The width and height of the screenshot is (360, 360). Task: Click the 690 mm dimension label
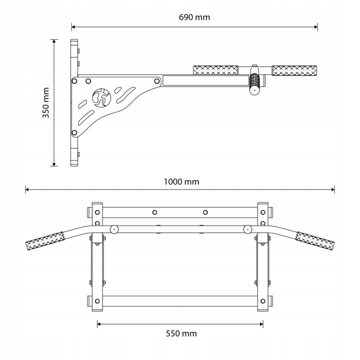194,17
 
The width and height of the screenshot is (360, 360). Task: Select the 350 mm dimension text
46,102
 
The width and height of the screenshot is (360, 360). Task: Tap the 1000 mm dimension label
181,182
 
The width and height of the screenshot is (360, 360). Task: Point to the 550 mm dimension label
181,333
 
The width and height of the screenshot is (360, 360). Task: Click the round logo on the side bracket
101,98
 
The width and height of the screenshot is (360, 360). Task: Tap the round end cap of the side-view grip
254,90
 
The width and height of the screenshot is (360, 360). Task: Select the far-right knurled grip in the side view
294,70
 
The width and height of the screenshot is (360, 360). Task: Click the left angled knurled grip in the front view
45,241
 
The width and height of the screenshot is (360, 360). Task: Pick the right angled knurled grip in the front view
315,241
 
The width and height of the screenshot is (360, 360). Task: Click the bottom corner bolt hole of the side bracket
74,132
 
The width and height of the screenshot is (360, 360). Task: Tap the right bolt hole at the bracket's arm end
157,81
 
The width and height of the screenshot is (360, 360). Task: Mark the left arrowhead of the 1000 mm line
27,189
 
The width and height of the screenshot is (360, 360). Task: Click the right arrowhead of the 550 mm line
261,324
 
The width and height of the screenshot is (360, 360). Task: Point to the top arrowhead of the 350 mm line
54,41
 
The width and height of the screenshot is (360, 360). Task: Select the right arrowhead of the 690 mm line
315,27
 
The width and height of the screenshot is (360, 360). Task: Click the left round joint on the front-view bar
114,229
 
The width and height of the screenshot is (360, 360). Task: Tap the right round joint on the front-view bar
247,229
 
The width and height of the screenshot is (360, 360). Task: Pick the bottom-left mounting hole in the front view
97,301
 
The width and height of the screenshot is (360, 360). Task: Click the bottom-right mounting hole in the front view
263,301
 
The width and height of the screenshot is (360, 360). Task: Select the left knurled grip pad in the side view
215,70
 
